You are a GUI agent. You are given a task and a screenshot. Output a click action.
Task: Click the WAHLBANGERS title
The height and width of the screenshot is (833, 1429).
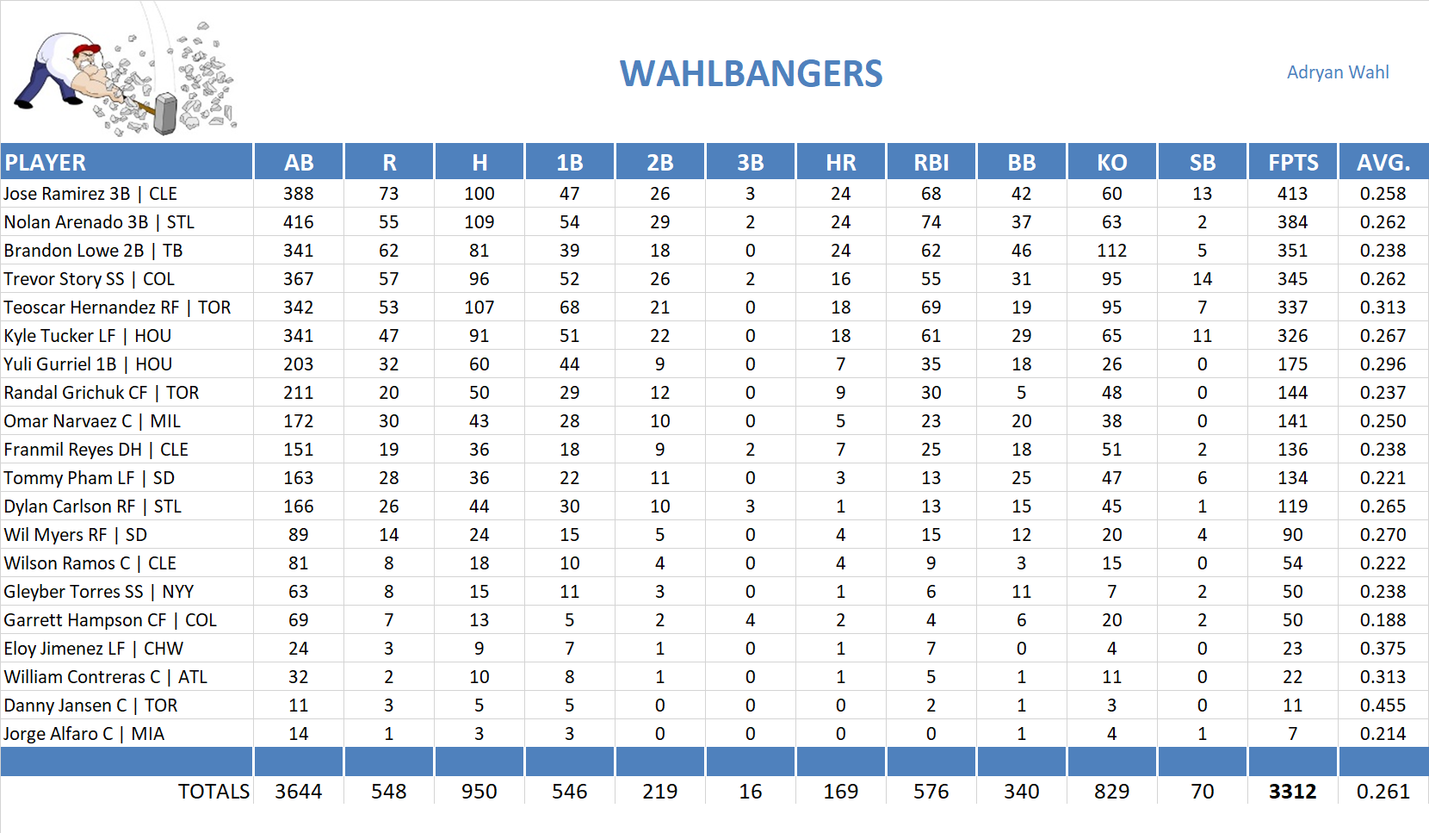[x=751, y=74]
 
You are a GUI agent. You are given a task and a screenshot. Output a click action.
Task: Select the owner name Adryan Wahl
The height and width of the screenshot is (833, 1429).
[x=1337, y=72]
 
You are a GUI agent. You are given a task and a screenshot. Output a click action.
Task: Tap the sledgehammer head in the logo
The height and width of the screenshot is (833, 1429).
[x=165, y=115]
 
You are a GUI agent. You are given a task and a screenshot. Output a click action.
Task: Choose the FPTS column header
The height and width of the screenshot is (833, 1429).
[x=1292, y=163]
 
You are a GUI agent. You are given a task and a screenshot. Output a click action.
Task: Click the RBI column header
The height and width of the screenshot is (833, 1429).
[x=931, y=163]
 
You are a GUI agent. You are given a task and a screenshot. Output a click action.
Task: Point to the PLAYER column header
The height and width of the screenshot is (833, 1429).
[x=46, y=163]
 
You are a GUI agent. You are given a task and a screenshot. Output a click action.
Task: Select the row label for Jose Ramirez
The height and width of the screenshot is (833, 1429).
[x=90, y=194]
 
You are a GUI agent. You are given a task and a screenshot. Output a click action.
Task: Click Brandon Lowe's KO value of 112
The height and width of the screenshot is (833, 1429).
[x=1111, y=251]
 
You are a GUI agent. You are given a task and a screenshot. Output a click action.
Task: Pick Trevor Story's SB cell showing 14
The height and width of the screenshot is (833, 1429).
[x=1202, y=279]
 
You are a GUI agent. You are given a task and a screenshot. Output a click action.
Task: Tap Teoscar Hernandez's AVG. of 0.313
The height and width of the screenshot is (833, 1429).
[x=1382, y=308]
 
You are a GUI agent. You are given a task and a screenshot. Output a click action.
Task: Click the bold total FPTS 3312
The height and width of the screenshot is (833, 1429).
[x=1292, y=792]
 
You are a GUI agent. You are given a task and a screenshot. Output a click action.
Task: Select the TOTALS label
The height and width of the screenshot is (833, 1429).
[x=213, y=792]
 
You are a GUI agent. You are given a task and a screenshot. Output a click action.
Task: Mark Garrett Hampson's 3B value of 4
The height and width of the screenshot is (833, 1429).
[x=750, y=620]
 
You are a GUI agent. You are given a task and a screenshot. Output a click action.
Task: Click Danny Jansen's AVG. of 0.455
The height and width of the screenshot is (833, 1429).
[x=1382, y=706]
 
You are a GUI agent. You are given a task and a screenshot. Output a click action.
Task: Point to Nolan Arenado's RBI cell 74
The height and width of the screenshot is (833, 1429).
[x=931, y=222]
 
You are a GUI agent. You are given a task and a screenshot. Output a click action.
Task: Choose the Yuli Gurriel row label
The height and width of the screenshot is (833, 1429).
[x=88, y=364]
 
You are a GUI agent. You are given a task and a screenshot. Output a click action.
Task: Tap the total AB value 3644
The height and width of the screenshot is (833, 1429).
[x=298, y=792]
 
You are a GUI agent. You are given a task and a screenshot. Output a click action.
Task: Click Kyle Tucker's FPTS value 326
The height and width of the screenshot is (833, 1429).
[x=1292, y=336]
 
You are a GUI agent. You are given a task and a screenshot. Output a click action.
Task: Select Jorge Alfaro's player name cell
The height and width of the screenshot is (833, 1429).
[x=84, y=734]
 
